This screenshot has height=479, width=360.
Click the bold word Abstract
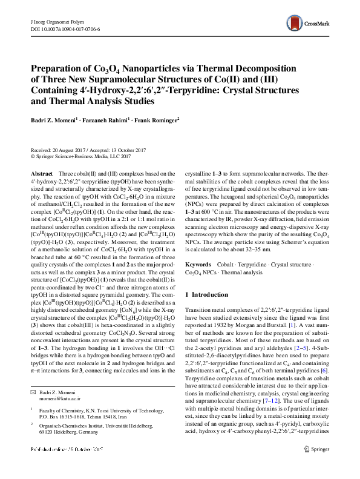click(41, 174)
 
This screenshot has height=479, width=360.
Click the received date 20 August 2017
click(72, 150)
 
